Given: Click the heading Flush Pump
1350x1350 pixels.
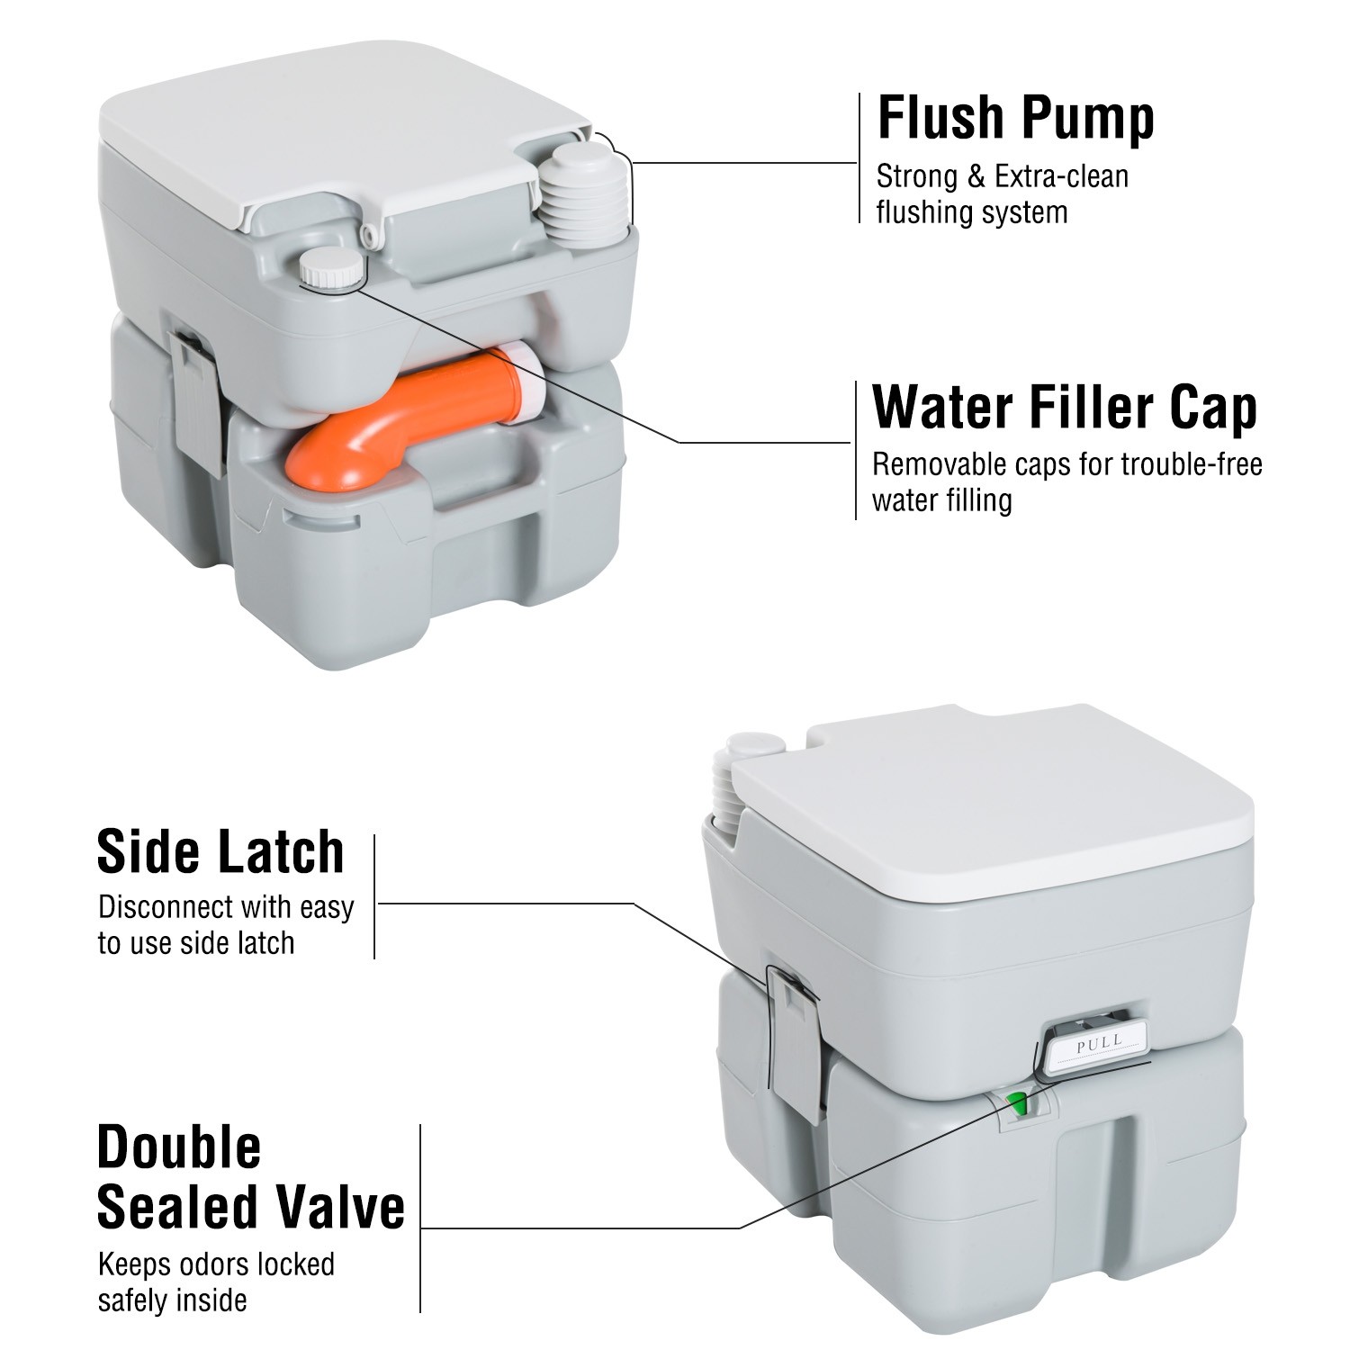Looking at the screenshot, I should click(x=1015, y=118).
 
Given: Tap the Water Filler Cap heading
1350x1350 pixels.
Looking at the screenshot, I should click(x=1064, y=407).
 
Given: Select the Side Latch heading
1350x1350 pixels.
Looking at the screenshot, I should click(x=220, y=851).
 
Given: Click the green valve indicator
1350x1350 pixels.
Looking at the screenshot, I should click(x=1017, y=1102).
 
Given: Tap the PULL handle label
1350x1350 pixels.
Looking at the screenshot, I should click(x=1099, y=1044).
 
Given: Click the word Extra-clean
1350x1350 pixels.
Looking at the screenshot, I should click(x=1061, y=176).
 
